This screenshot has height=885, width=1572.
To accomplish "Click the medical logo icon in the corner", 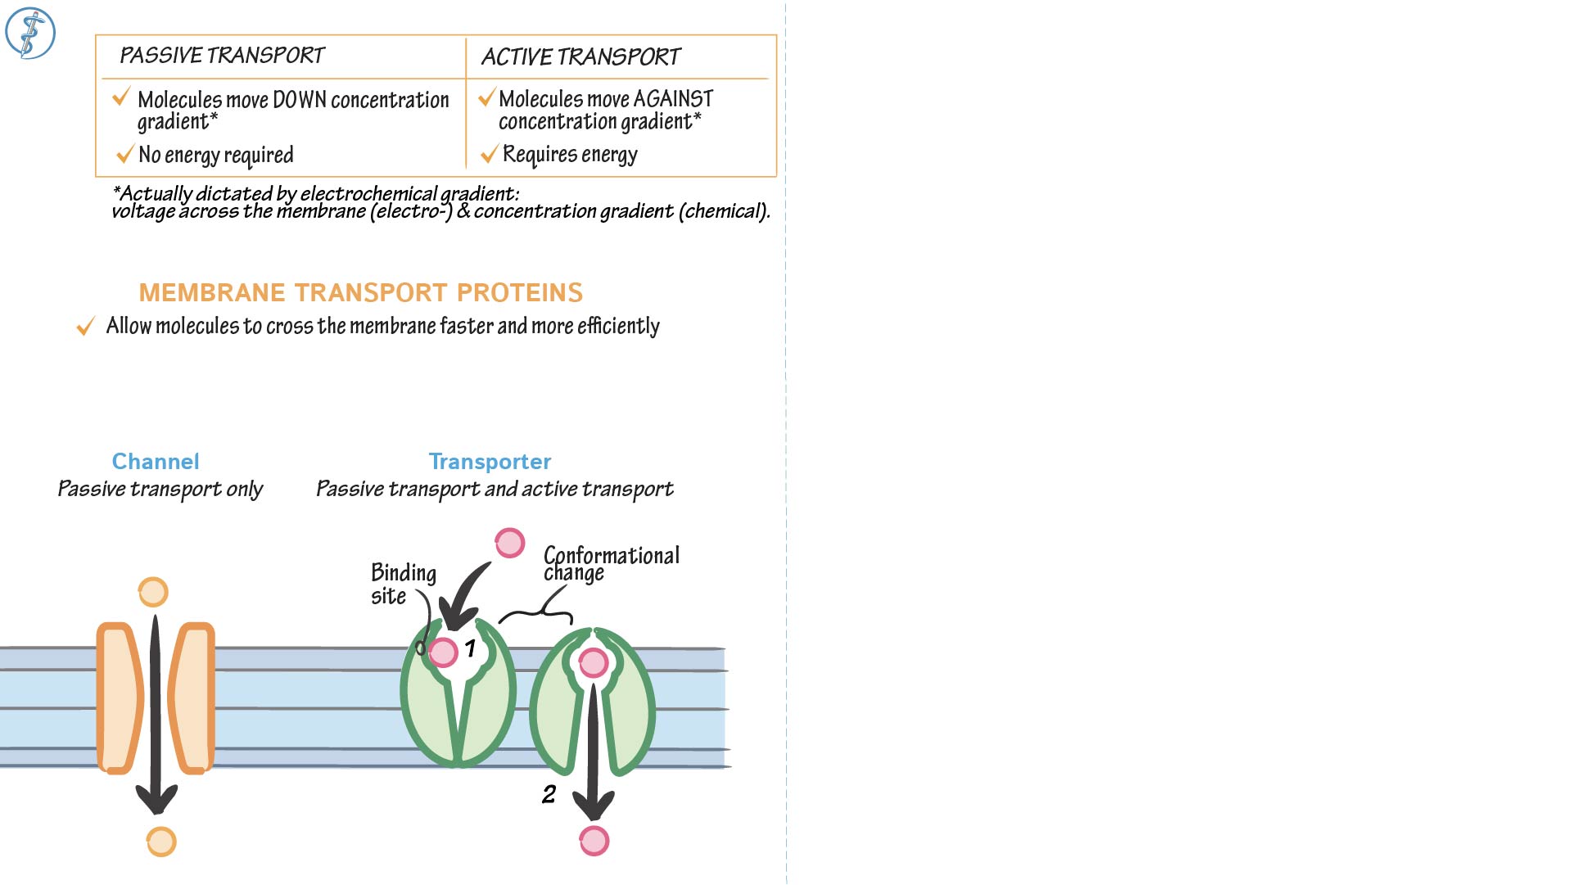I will pyautogui.click(x=30, y=33).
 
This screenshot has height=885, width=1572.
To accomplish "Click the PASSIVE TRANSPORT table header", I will pyautogui.click(x=222, y=56).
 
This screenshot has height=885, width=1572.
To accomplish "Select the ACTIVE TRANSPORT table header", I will pyautogui.click(x=580, y=56).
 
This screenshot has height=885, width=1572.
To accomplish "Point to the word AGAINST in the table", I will pyautogui.click(x=673, y=99).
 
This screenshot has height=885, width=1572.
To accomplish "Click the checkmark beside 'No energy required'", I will pyautogui.click(x=125, y=154).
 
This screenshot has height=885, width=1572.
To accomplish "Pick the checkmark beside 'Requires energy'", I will pyautogui.click(x=490, y=154).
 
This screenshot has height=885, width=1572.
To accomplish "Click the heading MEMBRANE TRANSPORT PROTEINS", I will pyautogui.click(x=360, y=292).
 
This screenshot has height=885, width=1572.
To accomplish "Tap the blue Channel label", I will pyautogui.click(x=156, y=462).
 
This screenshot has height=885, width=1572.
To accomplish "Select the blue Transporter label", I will pyautogui.click(x=490, y=462).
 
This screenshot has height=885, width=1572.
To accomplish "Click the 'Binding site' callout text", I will pyautogui.click(x=403, y=584).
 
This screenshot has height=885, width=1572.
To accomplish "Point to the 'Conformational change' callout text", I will pyautogui.click(x=611, y=563).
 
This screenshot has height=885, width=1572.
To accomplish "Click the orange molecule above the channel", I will pyautogui.click(x=153, y=592).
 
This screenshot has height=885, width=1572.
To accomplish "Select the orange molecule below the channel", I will pyautogui.click(x=161, y=842).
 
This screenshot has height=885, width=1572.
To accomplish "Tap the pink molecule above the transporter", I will pyautogui.click(x=509, y=543).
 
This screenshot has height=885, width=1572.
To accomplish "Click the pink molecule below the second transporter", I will pyautogui.click(x=594, y=841).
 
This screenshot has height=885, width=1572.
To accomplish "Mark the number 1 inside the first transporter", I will pyautogui.click(x=470, y=648).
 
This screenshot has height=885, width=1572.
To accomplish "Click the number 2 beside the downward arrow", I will pyautogui.click(x=549, y=794).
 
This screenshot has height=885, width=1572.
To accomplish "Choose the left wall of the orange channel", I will pyautogui.click(x=118, y=698).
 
